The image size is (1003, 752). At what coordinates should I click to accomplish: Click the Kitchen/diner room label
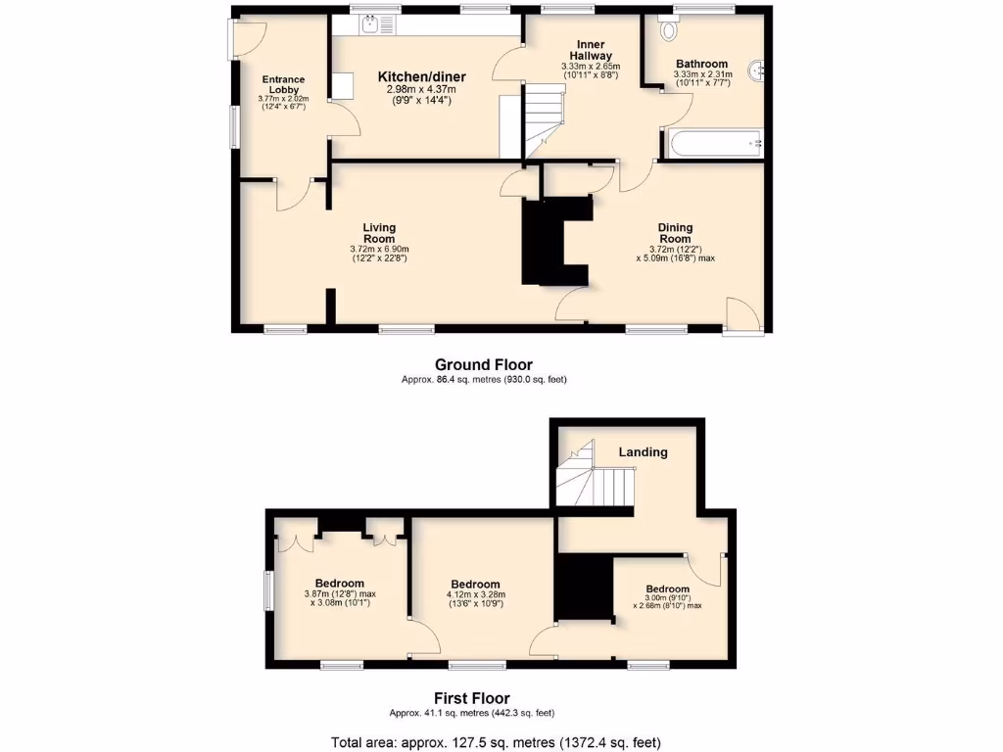coord(422,76)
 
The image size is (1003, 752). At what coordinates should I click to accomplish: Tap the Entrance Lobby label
coord(282,85)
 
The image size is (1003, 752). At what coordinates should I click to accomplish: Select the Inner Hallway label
coord(591,50)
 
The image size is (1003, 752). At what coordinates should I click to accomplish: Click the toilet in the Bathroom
coord(669,29)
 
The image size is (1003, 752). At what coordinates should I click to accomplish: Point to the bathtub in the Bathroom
coord(716,144)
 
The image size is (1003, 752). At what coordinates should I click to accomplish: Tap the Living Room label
coord(379,233)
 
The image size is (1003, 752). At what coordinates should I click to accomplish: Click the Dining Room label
coord(675,233)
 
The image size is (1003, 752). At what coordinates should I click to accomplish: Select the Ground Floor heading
coord(484,364)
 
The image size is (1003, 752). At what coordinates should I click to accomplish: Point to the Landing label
coord(643,452)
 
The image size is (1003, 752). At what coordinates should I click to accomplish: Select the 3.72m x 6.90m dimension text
coord(379,254)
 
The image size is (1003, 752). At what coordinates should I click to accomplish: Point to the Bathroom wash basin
coord(756,70)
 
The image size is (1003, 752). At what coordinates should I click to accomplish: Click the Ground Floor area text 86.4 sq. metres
coord(484,379)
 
